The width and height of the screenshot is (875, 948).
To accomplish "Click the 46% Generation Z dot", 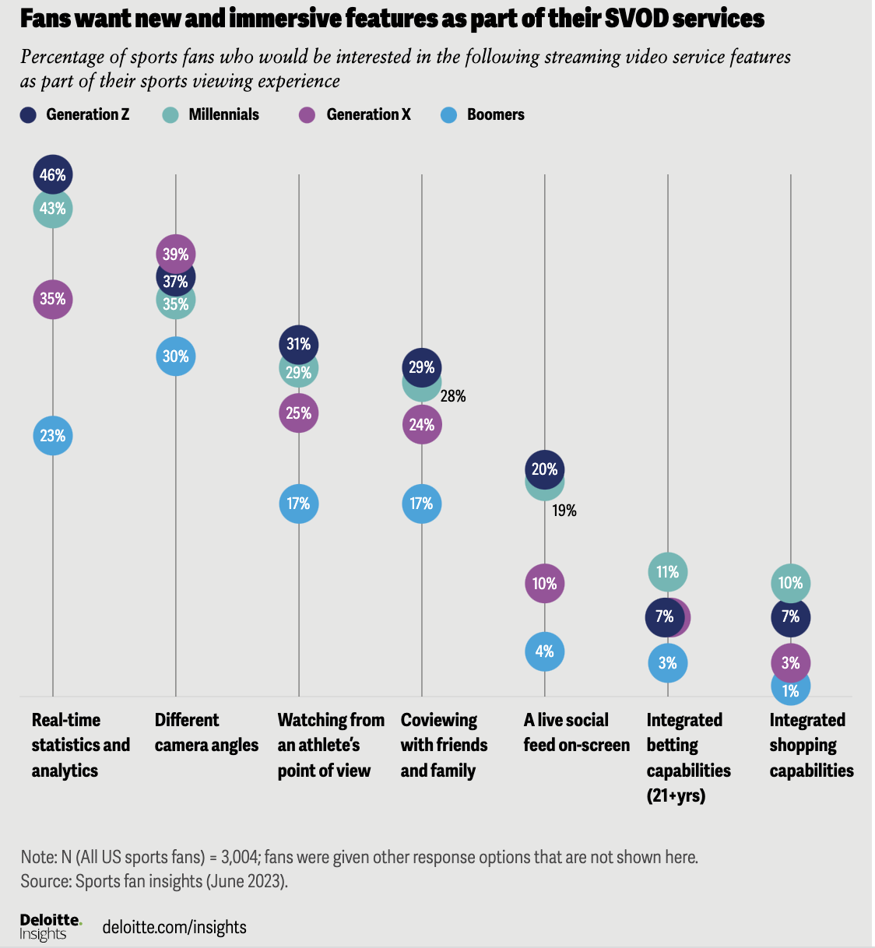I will tap(53, 174).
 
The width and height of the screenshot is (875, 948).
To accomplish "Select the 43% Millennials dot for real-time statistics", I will tap(53, 209).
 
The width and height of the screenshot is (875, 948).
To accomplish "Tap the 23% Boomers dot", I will tap(53, 436).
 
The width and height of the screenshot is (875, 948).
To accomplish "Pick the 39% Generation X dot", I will tap(176, 254).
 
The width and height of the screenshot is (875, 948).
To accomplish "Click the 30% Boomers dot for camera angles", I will tap(176, 356).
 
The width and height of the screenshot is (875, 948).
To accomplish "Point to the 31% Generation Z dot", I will tap(299, 344).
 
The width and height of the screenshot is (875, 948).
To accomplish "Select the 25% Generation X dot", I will tap(299, 413).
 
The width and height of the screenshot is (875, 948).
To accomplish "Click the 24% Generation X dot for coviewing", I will tap(422, 425).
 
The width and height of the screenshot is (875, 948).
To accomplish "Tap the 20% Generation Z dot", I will tap(545, 469).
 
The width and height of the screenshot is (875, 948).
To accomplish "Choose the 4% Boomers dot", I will tap(545, 651).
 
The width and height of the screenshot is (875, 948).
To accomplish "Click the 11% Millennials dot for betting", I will tap(668, 572).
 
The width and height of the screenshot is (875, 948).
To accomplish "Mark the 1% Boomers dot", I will tap(791, 690).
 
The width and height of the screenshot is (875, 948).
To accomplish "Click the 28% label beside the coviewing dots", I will tap(453, 397).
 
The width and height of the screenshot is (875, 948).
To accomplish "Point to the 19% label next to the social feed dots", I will tap(564, 511).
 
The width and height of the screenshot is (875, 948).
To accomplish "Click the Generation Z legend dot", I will tap(28, 115).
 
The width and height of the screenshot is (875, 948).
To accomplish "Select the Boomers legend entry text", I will tap(495, 115).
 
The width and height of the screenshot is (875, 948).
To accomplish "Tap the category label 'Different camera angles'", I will tap(206, 732).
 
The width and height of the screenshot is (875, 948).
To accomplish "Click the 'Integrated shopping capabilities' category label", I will tap(811, 745).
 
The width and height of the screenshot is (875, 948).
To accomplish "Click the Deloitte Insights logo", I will tap(51, 926).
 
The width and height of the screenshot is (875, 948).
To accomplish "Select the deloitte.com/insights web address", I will tap(174, 927).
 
